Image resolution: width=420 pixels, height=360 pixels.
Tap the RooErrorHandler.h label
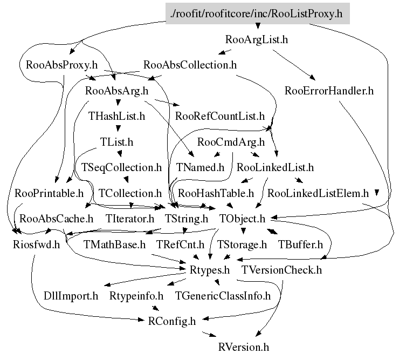pos(329,91)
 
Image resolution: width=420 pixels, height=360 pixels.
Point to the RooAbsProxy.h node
pos(61,65)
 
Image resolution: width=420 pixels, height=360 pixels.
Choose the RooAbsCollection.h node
pos(190,65)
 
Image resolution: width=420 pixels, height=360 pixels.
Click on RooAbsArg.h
pos(116,91)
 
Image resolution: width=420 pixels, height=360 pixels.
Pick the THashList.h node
pos(116,116)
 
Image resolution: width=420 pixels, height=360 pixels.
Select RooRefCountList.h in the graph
pos(220,116)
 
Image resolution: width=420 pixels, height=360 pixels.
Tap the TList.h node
pos(116,142)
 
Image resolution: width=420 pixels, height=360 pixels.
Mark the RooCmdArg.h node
pos(231,142)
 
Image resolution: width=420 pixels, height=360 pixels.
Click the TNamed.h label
pos(200,167)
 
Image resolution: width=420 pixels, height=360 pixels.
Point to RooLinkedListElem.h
pos(318,193)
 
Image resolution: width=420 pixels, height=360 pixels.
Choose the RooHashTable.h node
pos(216,193)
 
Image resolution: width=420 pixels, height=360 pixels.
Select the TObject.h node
pos(243,219)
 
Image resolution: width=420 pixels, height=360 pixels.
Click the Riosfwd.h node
pos(36,244)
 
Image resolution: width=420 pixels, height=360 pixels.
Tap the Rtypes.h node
pos(210,269)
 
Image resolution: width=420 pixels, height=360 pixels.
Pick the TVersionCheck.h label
pos(281,269)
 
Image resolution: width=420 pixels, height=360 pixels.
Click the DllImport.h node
pos(71,295)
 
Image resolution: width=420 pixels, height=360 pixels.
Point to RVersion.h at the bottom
pos(244,346)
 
